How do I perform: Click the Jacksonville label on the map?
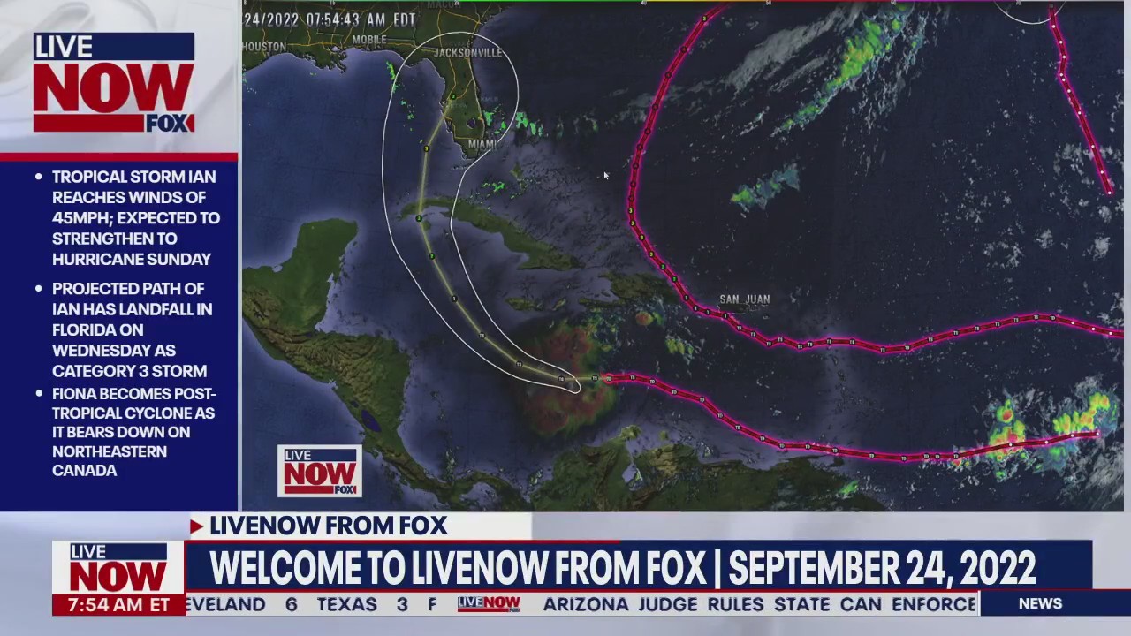tap(467, 53)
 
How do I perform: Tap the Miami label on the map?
tap(482, 144)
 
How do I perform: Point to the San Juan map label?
tap(744, 299)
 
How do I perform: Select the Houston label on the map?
tap(264, 47)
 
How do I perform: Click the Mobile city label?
tap(369, 40)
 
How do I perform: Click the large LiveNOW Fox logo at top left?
tap(114, 83)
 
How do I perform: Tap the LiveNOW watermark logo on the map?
tap(319, 471)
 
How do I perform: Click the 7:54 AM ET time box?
tap(118, 605)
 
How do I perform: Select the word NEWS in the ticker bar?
tap(1040, 603)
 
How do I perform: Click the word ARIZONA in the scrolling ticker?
tap(585, 604)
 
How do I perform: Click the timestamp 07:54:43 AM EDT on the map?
tap(330, 19)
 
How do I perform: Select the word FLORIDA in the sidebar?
tap(89, 329)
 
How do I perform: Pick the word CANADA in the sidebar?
tap(85, 471)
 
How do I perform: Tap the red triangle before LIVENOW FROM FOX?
tap(196, 526)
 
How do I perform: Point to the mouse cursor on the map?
tap(605, 176)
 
